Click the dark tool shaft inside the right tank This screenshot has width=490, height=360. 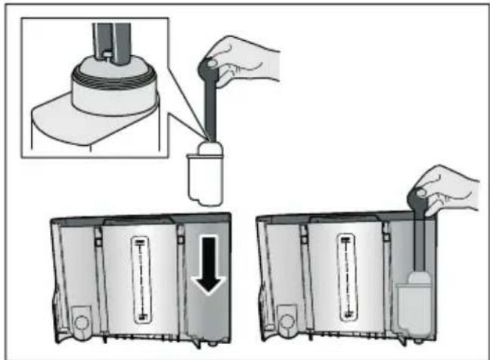(416, 242)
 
